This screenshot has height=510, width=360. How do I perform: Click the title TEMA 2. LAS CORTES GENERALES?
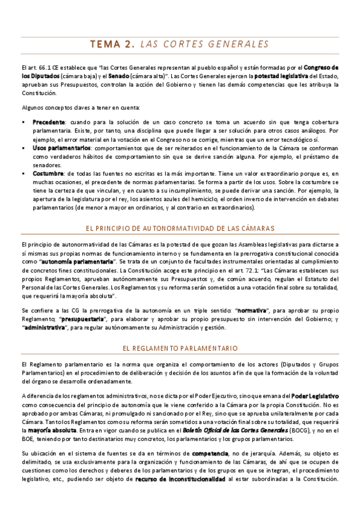(x=180, y=44)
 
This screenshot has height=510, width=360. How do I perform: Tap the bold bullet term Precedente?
(x=49, y=122)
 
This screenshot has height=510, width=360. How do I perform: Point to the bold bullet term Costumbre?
(x=47, y=174)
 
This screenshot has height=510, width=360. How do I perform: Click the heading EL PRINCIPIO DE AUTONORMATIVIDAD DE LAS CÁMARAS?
(x=180, y=229)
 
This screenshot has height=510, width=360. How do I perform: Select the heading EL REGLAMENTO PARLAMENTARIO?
(x=180, y=348)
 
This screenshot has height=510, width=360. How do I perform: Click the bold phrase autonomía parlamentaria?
(x=67, y=262)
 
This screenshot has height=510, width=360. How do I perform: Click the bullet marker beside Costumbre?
(x=23, y=174)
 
